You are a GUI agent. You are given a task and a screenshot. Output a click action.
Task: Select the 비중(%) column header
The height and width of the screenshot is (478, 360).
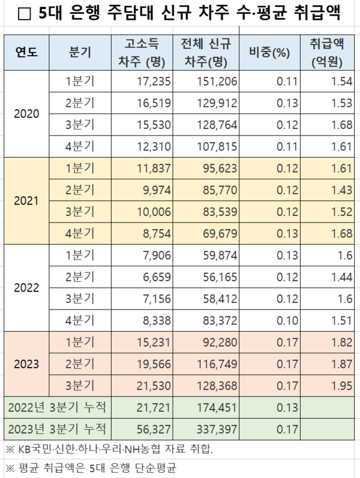coord(269,52)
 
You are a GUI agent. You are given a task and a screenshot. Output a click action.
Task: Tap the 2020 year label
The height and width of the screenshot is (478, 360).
coord(26,114)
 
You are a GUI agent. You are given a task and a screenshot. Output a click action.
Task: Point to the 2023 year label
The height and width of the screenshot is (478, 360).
coord(26,363)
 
